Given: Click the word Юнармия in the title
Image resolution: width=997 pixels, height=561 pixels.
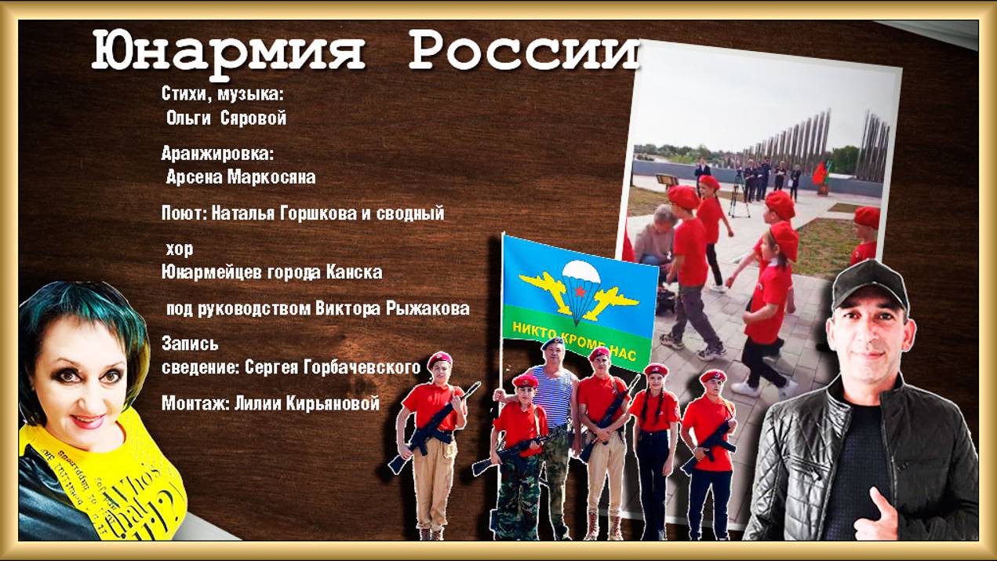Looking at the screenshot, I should (228, 52).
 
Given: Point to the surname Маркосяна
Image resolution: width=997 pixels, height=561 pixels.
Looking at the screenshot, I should (271, 177).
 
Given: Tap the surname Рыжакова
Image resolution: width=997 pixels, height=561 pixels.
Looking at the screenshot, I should (428, 308).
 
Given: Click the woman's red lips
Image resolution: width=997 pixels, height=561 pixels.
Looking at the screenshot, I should (88, 421).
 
